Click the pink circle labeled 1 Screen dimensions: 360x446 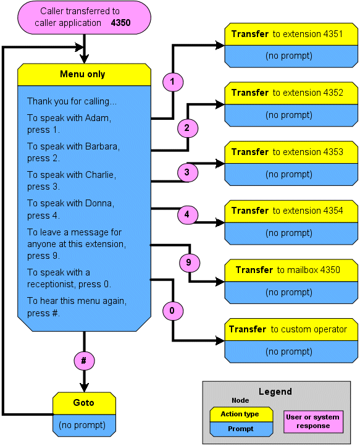click(173, 82)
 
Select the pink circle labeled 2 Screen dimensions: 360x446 click(187, 128)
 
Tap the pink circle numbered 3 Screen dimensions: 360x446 click(187, 172)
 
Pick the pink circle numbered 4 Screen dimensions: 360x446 click(187, 214)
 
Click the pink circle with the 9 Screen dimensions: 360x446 click(190, 263)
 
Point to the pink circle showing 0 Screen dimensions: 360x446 click(173, 311)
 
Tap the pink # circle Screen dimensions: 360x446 click(84, 361)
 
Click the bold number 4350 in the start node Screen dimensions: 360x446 click(120, 23)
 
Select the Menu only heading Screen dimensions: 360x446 click(83, 74)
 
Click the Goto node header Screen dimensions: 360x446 click(84, 403)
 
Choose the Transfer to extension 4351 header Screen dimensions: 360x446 click(291, 34)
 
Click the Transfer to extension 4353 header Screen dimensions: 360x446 click(291, 152)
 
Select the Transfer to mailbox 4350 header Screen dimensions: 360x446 click(291, 270)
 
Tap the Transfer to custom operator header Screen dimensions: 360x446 click(291, 329)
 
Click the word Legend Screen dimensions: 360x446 click(275, 392)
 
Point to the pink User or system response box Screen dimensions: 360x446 click(313, 422)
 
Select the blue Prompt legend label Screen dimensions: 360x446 click(241, 429)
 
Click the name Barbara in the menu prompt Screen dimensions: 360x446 click(102, 146)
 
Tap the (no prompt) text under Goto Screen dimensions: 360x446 click(82, 425)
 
